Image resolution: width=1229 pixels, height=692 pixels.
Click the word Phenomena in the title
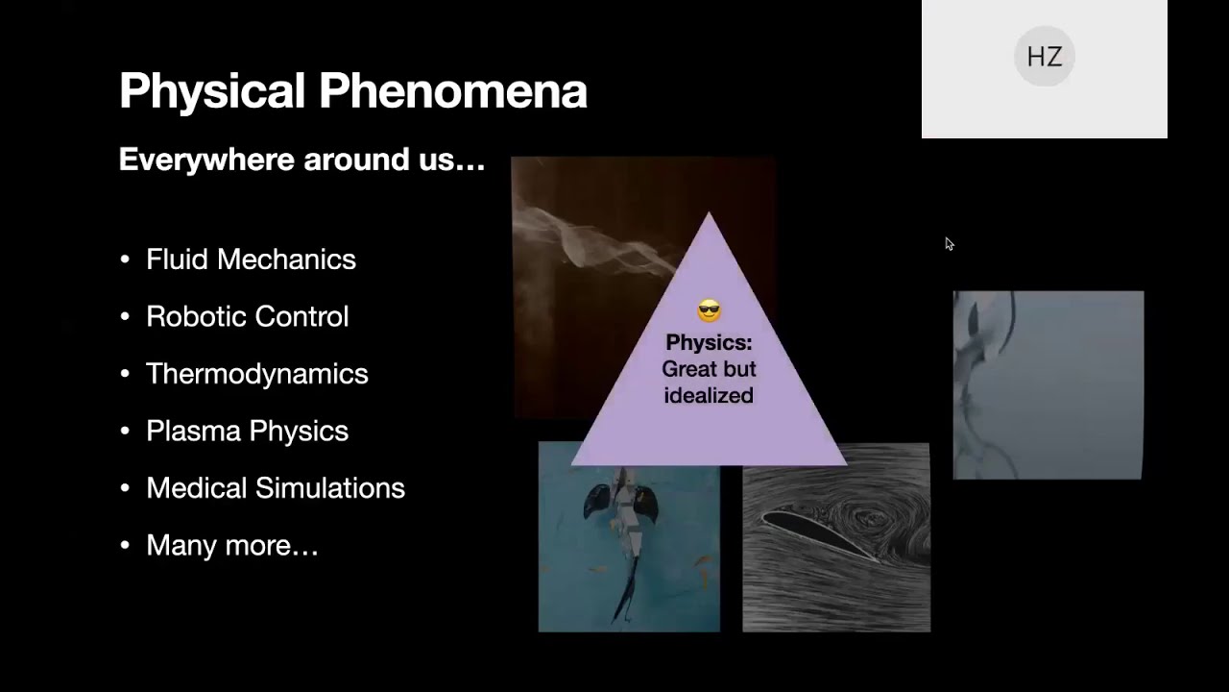[x=452, y=91]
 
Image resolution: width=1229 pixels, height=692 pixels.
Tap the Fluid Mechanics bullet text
[x=251, y=259]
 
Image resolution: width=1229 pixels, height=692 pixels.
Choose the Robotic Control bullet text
[x=247, y=316]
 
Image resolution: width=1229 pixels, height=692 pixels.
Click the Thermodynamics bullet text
[x=256, y=374]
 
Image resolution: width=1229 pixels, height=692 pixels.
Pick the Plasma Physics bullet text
[x=247, y=431]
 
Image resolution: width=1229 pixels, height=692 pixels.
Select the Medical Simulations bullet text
[x=275, y=488]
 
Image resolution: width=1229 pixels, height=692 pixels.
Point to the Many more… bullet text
[x=231, y=546]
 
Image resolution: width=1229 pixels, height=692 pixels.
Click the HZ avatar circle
[x=1044, y=57]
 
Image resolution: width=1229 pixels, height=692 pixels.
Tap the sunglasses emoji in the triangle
[x=709, y=311]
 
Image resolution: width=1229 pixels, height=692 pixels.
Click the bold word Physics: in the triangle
[x=709, y=343]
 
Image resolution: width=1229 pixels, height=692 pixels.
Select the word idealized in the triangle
[x=709, y=396]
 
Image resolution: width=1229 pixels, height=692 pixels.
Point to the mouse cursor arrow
[x=949, y=244]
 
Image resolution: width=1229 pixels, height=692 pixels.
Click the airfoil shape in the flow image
[x=816, y=534]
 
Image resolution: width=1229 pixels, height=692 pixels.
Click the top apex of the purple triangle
[x=709, y=215]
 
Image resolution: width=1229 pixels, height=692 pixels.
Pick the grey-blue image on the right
[x=1048, y=384]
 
